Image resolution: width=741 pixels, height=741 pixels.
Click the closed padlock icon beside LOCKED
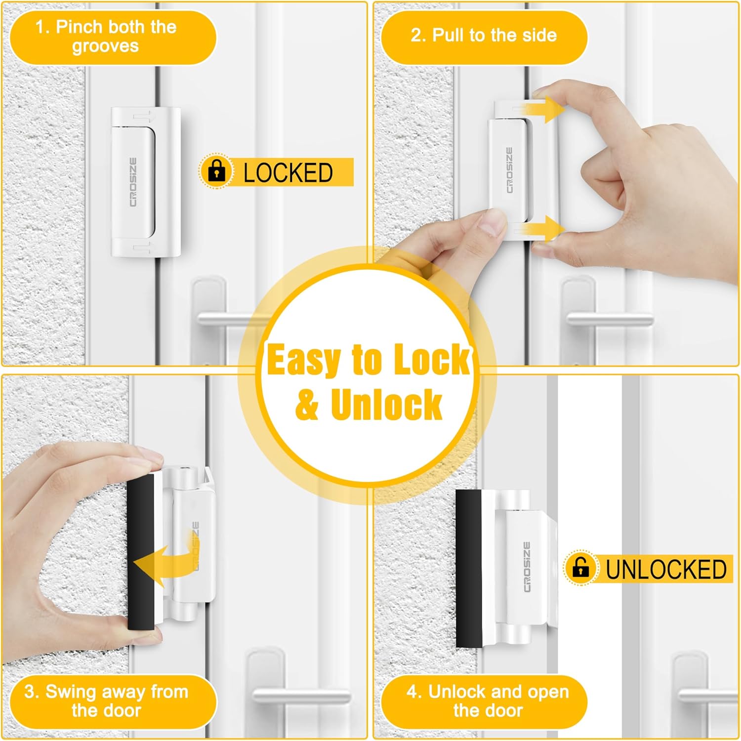pyautogui.click(x=216, y=171)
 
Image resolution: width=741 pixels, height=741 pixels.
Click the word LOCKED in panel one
pyautogui.click(x=288, y=173)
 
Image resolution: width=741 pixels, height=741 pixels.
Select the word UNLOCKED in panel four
pyautogui.click(x=666, y=569)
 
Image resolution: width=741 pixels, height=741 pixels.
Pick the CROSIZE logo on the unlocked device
pyautogui.click(x=527, y=567)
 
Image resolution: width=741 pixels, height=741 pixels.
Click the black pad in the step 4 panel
pyautogui.click(x=469, y=568)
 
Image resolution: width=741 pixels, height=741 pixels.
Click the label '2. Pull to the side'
pyautogui.click(x=484, y=36)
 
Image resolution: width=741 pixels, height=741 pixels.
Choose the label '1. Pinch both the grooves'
pyautogui.click(x=106, y=36)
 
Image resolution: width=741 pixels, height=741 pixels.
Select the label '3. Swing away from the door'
pyautogui.click(x=106, y=701)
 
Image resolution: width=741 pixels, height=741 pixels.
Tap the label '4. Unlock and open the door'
pyautogui.click(x=488, y=701)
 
